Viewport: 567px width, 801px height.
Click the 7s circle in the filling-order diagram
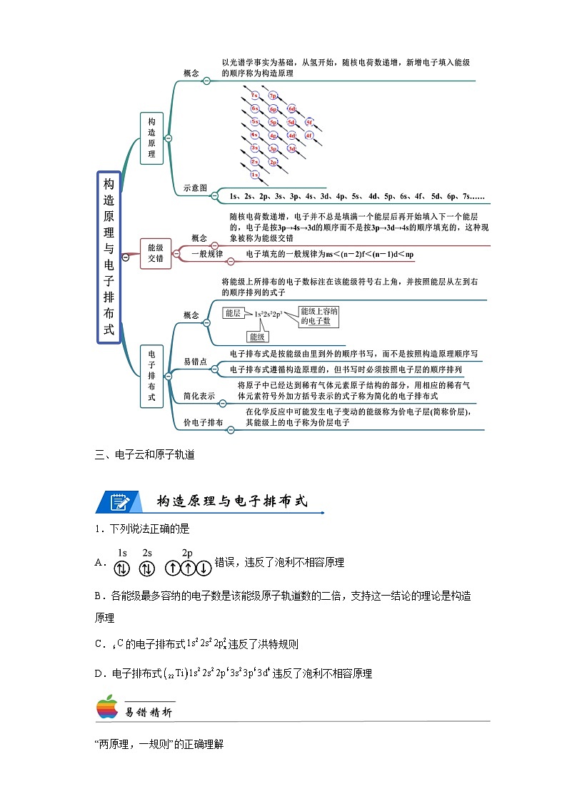pyautogui.click(x=255, y=95)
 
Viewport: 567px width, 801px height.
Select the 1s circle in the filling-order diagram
pyautogui.click(x=255, y=173)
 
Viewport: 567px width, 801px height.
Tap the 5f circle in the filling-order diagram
pyautogui.click(x=309, y=123)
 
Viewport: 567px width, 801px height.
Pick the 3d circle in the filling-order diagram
pyautogui.click(x=291, y=148)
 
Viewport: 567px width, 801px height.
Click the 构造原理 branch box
pyautogui.click(x=151, y=138)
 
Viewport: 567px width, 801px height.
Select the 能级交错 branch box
pyautogui.click(x=156, y=254)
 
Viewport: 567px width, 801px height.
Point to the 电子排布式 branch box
pyautogui.click(x=151, y=376)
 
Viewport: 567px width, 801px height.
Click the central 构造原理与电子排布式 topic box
pyautogui.click(x=109, y=257)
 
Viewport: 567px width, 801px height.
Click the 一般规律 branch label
pyautogui.click(x=208, y=254)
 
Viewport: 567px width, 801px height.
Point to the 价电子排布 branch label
pyautogui.click(x=204, y=423)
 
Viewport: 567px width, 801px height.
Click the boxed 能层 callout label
pyautogui.click(x=233, y=312)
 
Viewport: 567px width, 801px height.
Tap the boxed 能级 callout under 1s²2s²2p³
pyautogui.click(x=257, y=336)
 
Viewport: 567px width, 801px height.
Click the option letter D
pyautogui.click(x=99, y=673)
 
